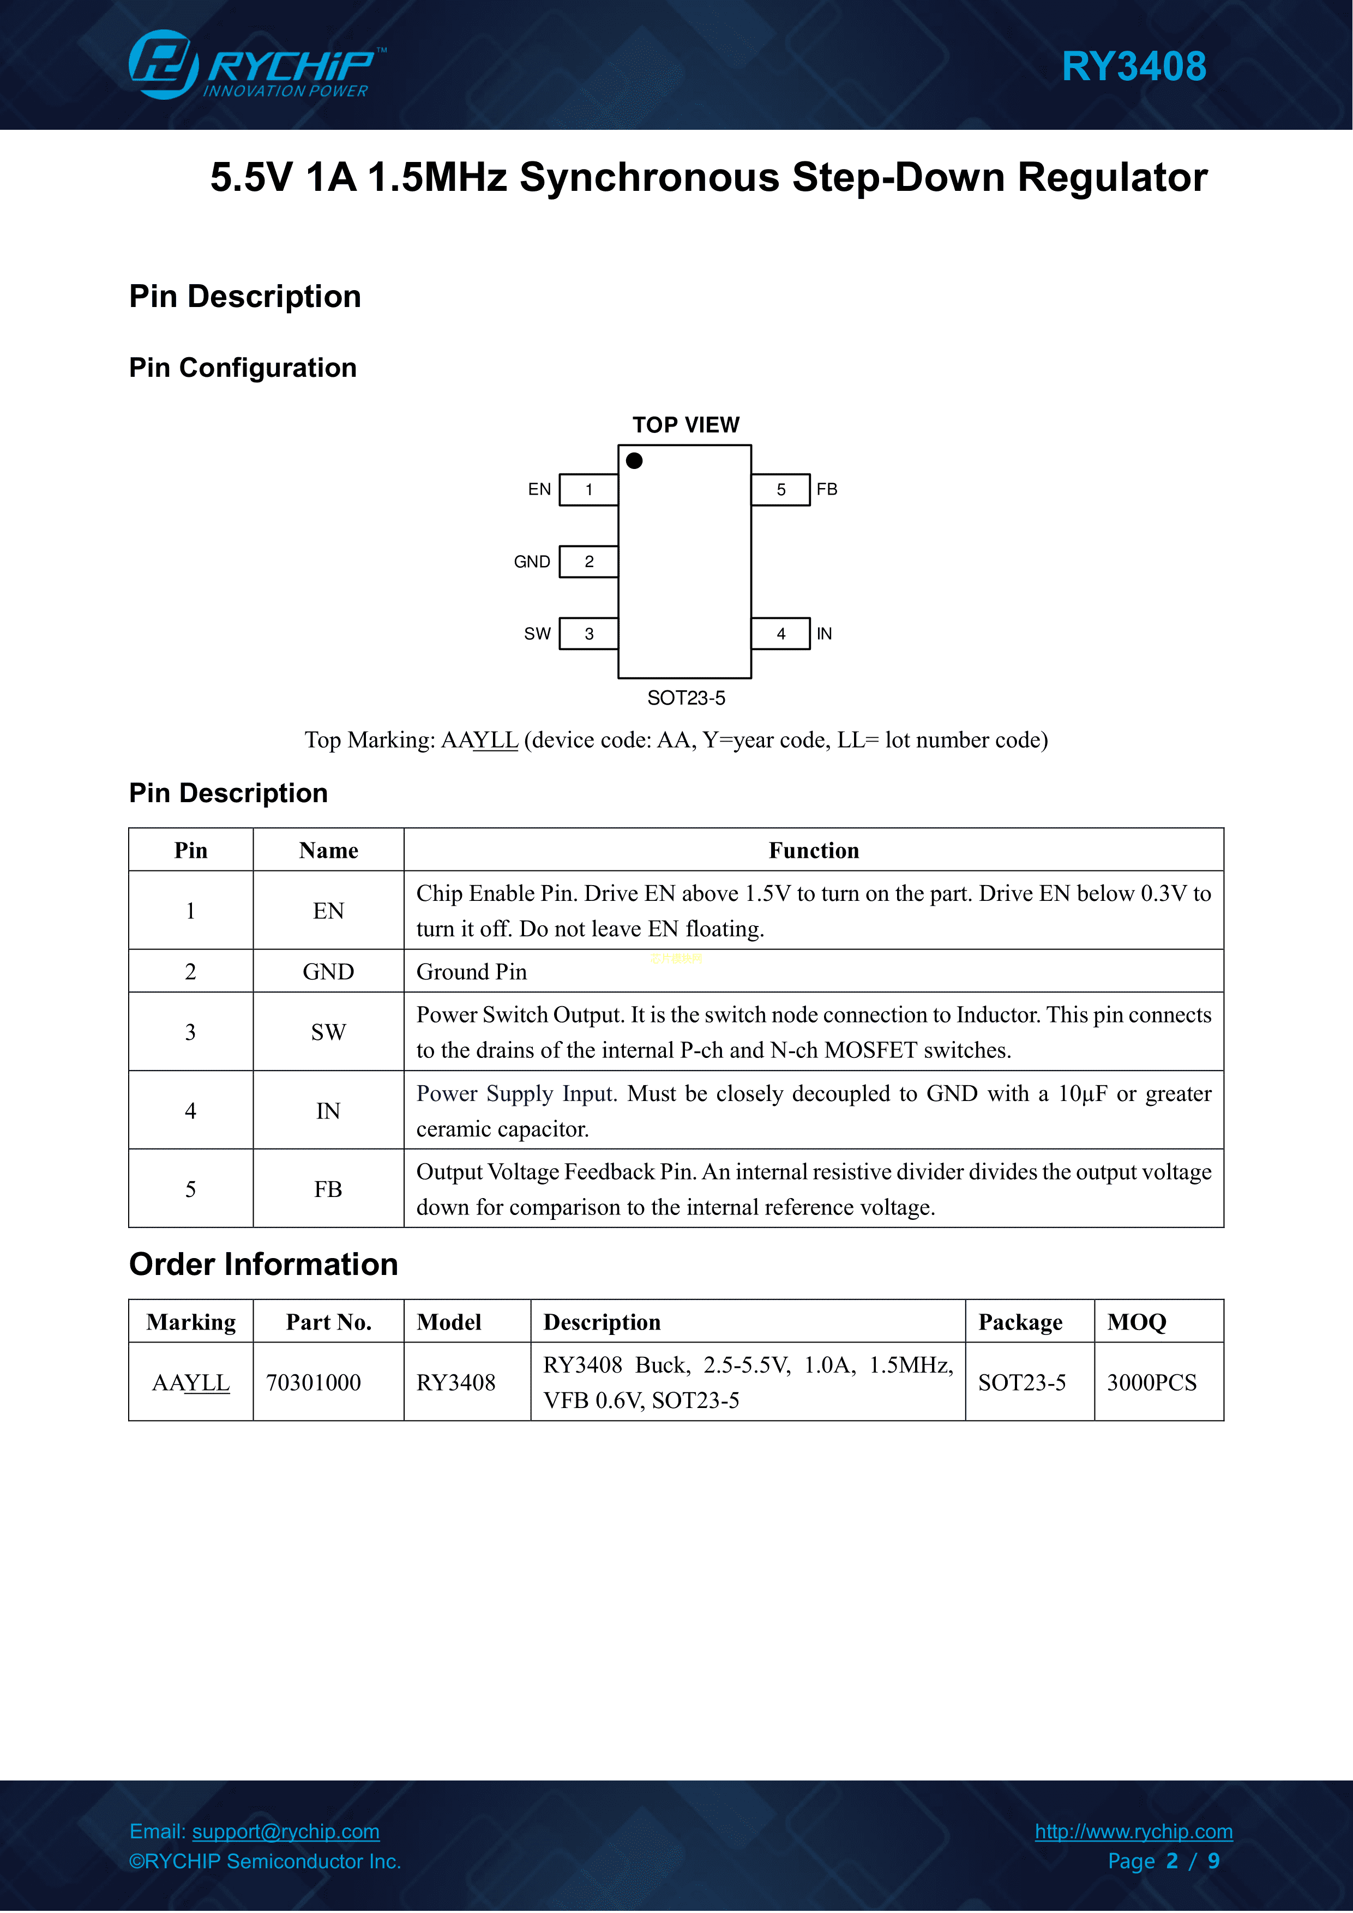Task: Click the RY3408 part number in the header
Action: pyautogui.click(x=1133, y=67)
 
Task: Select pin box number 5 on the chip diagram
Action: pyautogui.click(x=780, y=490)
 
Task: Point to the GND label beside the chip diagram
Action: pyautogui.click(x=532, y=562)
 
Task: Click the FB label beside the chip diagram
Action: pyautogui.click(x=826, y=489)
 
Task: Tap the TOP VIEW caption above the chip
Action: pyautogui.click(x=685, y=425)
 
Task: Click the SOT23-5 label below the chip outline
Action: pyautogui.click(x=685, y=698)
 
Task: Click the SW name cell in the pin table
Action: pyautogui.click(x=328, y=1032)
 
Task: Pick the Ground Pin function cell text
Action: pyautogui.click(x=472, y=972)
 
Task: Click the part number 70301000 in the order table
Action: pyautogui.click(x=313, y=1382)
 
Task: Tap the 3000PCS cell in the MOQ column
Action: pyautogui.click(x=1151, y=1382)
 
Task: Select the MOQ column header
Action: pyautogui.click(x=1136, y=1322)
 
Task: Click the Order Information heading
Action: pyautogui.click(x=263, y=1264)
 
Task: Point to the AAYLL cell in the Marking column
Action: pyautogui.click(x=191, y=1382)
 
